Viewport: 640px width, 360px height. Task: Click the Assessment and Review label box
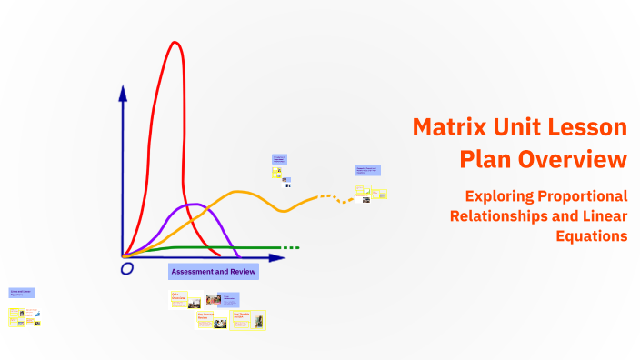(214, 271)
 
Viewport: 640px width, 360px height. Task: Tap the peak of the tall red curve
(173, 42)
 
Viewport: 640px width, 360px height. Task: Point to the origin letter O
(127, 268)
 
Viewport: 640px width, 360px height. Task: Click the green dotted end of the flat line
(290, 247)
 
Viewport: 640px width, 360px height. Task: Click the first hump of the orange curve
(240, 192)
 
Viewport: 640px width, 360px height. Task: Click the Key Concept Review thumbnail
(212, 319)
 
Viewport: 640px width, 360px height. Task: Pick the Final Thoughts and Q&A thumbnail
(248, 319)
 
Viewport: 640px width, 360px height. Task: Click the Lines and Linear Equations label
(21, 293)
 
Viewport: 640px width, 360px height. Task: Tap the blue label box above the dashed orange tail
(367, 170)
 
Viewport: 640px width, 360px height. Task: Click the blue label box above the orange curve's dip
(280, 159)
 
